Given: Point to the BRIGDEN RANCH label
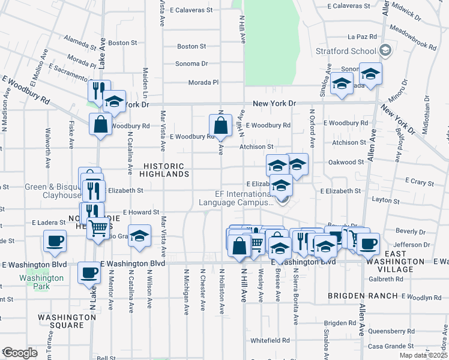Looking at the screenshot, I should pyautogui.click(x=363, y=296).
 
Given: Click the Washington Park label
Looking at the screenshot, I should pyautogui.click(x=41, y=282).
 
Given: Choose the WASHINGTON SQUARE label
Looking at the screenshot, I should pyautogui.click(x=69, y=321).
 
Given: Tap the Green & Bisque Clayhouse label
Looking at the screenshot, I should pyautogui.click(x=53, y=191).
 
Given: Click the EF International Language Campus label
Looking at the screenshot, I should pyautogui.click(x=244, y=199).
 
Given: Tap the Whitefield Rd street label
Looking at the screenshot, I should pyautogui.click(x=271, y=340).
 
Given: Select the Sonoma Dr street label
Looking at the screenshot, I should pyautogui.click(x=191, y=63).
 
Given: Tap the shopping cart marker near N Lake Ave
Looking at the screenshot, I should pyautogui.click(x=98, y=227).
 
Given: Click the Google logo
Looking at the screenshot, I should pyautogui.click(x=19, y=353).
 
